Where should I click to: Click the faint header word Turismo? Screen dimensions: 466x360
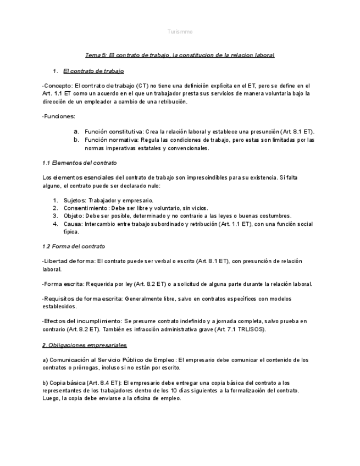180,32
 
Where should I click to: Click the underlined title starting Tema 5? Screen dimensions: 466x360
180,55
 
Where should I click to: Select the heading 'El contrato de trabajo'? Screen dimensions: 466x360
93,71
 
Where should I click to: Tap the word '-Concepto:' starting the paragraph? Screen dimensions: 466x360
57,86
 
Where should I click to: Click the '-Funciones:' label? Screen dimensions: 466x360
59,116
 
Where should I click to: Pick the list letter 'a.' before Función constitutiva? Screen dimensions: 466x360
77,132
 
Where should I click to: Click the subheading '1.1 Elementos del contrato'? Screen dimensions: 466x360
79,163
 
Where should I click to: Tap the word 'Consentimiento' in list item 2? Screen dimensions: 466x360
85,208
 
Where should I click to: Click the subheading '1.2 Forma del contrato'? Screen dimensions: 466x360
74,246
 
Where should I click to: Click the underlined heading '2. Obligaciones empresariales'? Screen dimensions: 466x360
84,345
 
